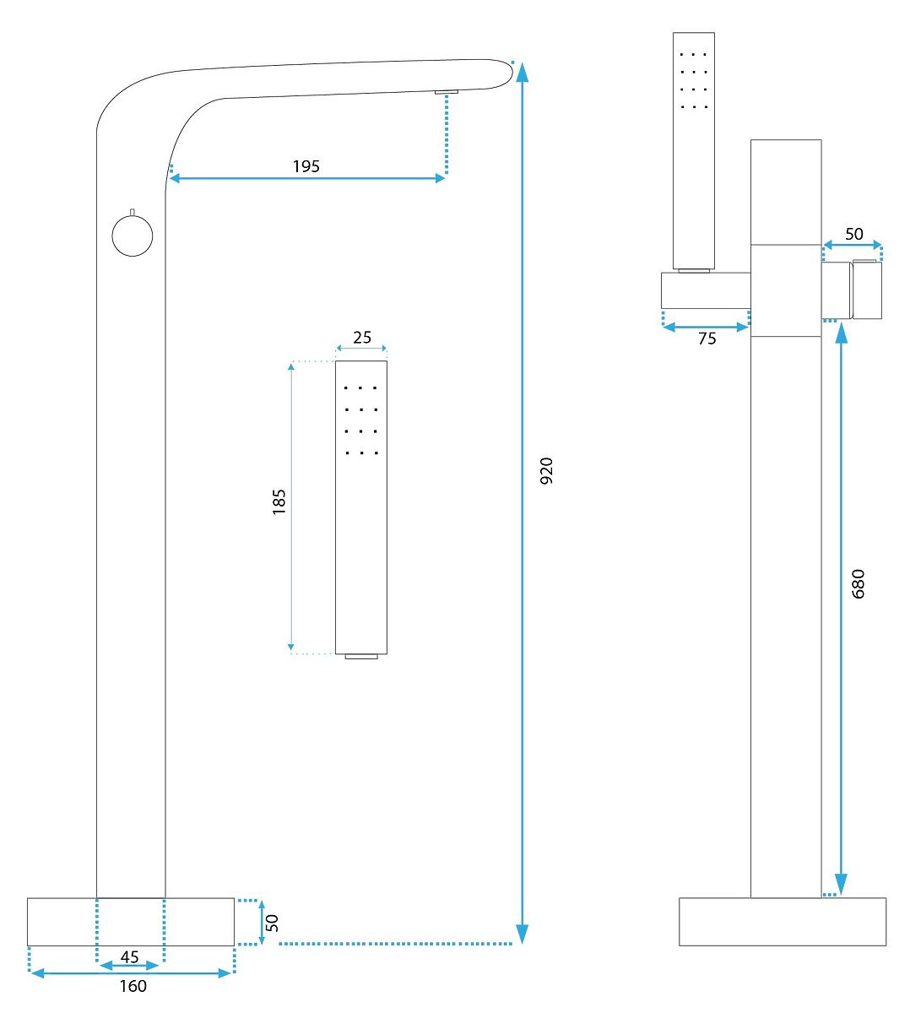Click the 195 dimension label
pyautogui.click(x=306, y=166)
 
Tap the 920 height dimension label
pyautogui.click(x=546, y=470)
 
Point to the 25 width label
pyautogui.click(x=361, y=338)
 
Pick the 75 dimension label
pyautogui.click(x=707, y=339)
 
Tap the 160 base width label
pyautogui.click(x=133, y=986)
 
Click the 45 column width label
pyautogui.click(x=130, y=957)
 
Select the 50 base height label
pyautogui.click(x=272, y=923)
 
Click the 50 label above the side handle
pyautogui.click(x=853, y=234)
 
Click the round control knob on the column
pyautogui.click(x=133, y=236)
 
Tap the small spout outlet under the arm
pyautogui.click(x=446, y=91)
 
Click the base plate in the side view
pyautogui.click(x=783, y=921)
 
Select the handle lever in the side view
pyautogui.click(x=867, y=290)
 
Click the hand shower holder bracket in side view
pyautogui.click(x=706, y=290)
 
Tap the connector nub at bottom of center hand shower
pyautogui.click(x=361, y=656)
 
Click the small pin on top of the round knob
pyautogui.click(x=133, y=211)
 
